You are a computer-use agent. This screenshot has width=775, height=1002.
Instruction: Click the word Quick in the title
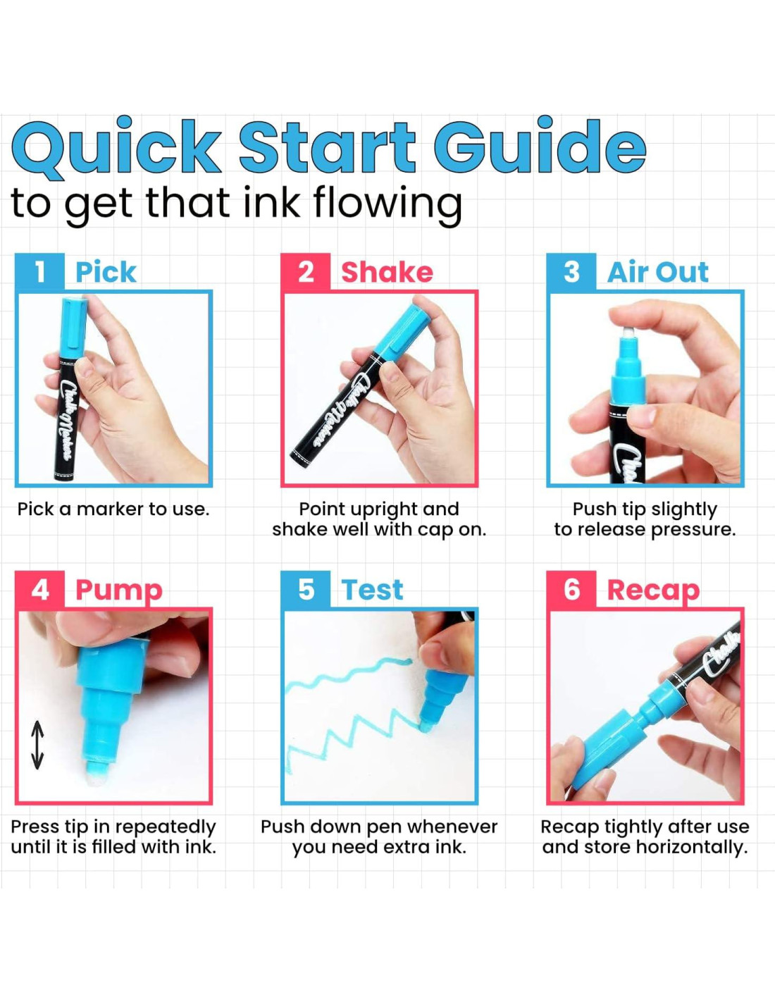[x=116, y=149]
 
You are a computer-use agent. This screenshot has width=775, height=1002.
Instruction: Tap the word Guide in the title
[x=540, y=144]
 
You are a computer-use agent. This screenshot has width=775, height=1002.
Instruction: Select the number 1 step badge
[x=39, y=271]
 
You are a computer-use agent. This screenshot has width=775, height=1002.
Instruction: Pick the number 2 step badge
[x=306, y=271]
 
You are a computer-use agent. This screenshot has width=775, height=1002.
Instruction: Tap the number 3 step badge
[x=571, y=271]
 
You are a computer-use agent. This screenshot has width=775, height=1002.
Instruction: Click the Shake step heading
[x=387, y=272]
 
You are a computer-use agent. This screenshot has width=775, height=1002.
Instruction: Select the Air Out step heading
[x=658, y=272]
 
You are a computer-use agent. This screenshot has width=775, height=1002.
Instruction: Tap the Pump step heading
[x=119, y=592]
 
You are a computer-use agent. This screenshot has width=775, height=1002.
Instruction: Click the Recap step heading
[x=653, y=592]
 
